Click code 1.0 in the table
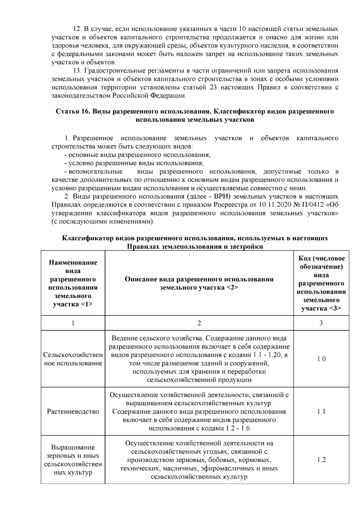tap(321, 359)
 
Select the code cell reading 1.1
tap(321, 412)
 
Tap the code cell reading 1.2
tap(321, 460)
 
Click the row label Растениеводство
tap(73, 412)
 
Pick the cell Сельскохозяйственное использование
tap(73, 359)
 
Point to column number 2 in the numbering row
tap(199, 323)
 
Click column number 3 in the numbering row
tap(321, 323)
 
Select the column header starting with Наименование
tap(73, 283)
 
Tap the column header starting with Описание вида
tap(199, 283)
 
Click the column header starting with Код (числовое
tap(321, 283)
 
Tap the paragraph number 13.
tap(77, 71)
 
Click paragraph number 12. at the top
tap(77, 29)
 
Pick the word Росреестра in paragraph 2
tap(229, 205)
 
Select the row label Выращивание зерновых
tap(73, 460)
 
